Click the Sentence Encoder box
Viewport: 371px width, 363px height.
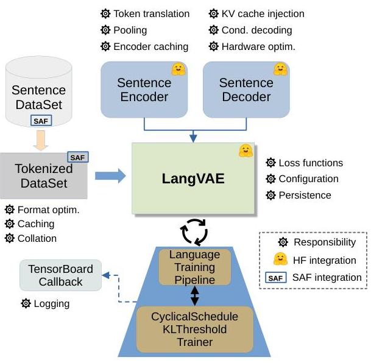tap(144, 90)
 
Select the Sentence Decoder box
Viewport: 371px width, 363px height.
tap(246, 90)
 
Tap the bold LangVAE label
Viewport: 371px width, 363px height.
tap(193, 178)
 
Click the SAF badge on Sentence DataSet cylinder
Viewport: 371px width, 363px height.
tap(41, 121)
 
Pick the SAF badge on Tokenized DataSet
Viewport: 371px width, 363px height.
tap(78, 157)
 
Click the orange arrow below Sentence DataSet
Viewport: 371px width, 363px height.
tap(41, 140)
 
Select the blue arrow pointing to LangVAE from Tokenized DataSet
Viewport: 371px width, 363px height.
tap(110, 176)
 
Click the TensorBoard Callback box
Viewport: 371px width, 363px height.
tap(60, 275)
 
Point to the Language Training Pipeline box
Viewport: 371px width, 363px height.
tap(195, 267)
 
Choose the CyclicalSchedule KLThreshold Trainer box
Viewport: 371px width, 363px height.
tap(195, 330)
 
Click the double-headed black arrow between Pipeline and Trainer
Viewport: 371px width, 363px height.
tap(195, 295)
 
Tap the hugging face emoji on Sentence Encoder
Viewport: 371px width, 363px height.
tap(178, 69)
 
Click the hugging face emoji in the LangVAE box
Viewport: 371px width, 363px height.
tap(246, 150)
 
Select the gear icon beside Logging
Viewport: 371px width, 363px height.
tap(26, 303)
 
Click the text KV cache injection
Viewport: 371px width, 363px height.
tap(263, 14)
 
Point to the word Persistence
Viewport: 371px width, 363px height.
tap(305, 196)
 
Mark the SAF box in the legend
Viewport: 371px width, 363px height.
tap(275, 278)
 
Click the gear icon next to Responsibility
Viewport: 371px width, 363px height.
tap(283, 242)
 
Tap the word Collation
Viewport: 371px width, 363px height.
tap(37, 238)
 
